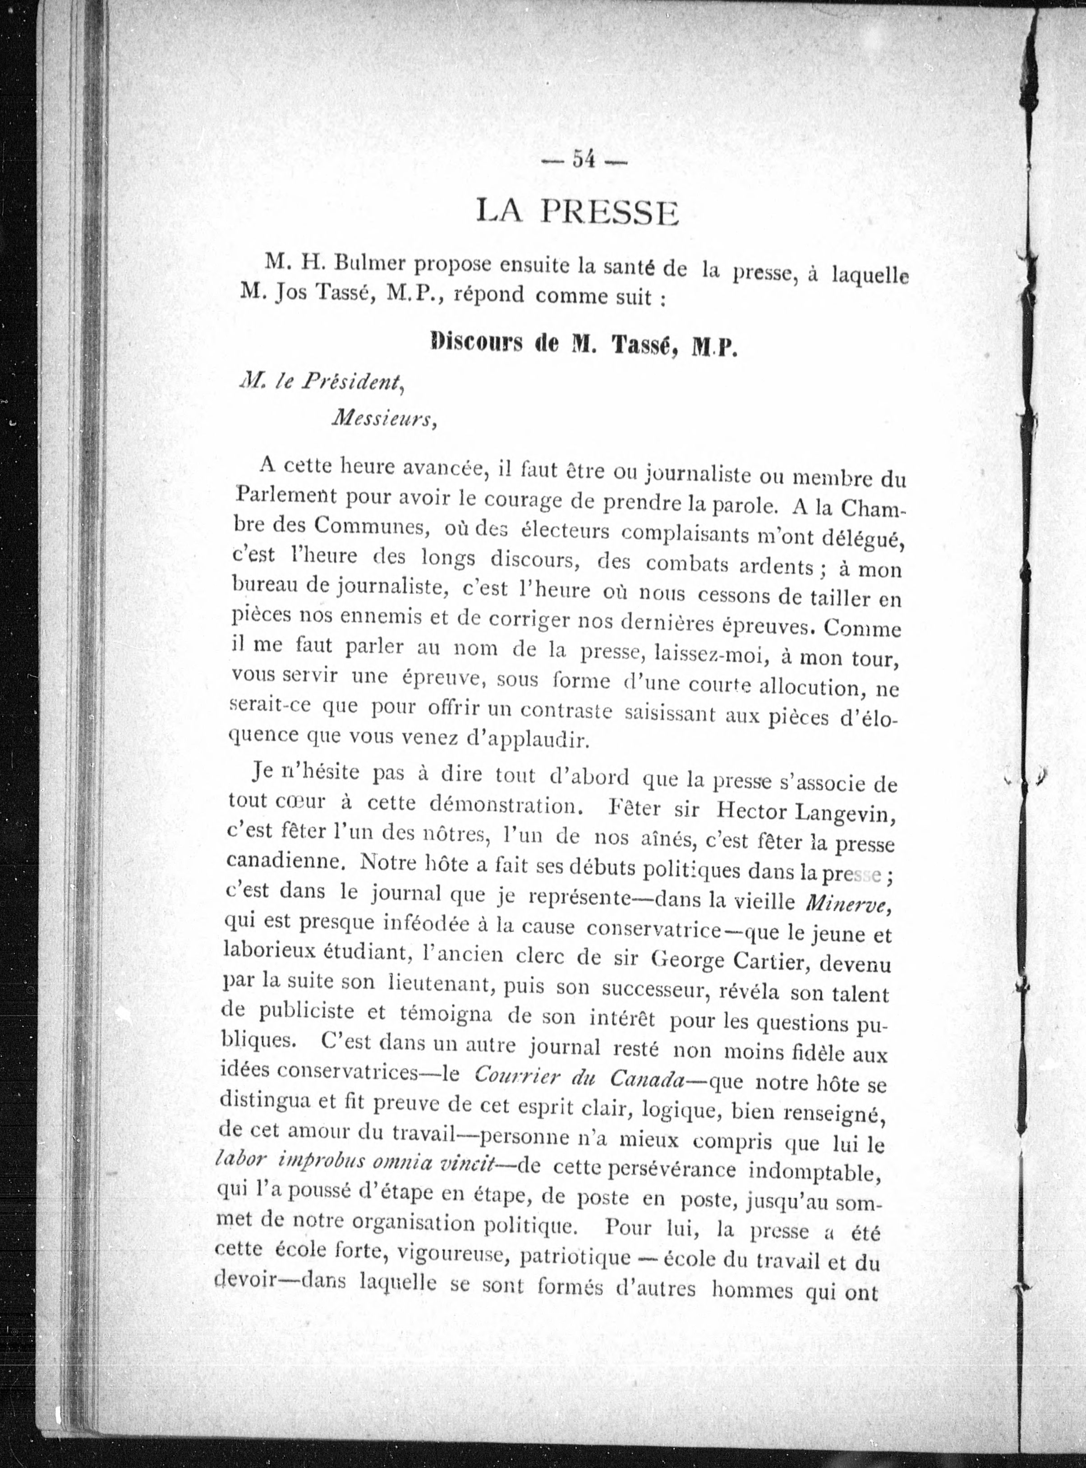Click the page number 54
(584, 160)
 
